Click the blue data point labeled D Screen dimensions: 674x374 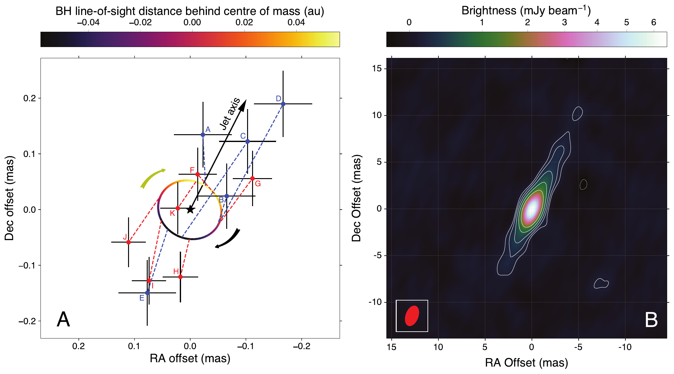click(283, 104)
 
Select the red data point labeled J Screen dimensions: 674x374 click(128, 242)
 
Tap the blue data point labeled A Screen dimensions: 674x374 click(203, 135)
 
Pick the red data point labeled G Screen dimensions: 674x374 click(252, 179)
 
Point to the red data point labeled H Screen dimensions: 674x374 click(180, 277)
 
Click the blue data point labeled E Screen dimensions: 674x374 click(147, 293)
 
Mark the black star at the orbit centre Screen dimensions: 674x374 click(190, 209)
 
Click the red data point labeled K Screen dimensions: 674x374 click(178, 208)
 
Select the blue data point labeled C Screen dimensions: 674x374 click(248, 141)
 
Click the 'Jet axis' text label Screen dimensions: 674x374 click(230, 113)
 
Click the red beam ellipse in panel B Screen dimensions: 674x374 click(412, 316)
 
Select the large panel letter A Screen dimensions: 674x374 click(63, 320)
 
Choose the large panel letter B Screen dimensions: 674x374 click(651, 320)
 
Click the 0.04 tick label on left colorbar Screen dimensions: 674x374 click(296, 22)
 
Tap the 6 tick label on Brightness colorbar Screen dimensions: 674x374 click(654, 22)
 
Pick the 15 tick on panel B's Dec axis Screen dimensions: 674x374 click(377, 69)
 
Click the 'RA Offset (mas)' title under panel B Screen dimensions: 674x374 click(527, 363)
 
